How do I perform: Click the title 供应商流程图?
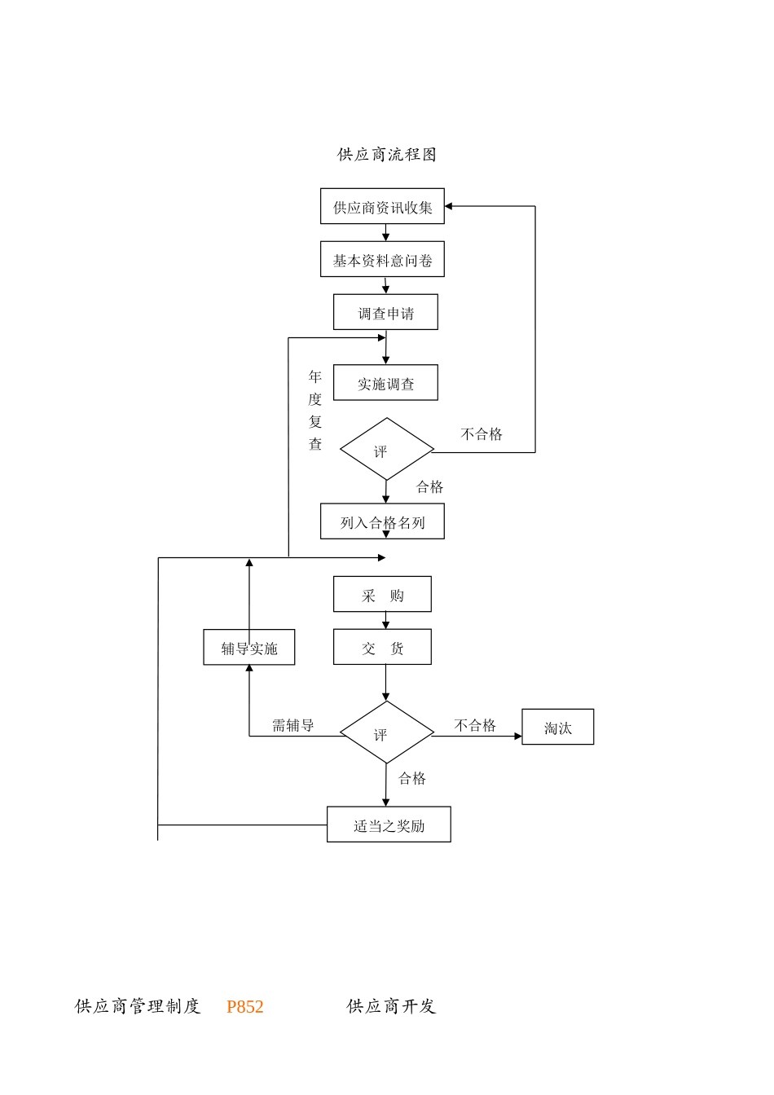pos(387,155)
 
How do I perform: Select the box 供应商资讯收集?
pos(382,207)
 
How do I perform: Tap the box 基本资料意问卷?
pos(382,260)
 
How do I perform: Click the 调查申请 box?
pos(385,313)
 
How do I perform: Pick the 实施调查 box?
pos(385,384)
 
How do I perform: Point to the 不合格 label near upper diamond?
pos(482,434)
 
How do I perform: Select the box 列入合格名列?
pos(382,522)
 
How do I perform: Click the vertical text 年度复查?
pos(315,410)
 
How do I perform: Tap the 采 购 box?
pos(382,595)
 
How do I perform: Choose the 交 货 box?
pos(382,648)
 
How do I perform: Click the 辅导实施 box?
pos(249,648)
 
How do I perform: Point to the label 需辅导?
pos(292,725)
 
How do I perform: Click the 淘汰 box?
pos(557,728)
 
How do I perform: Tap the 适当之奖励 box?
pos(389,825)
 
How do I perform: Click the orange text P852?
pos(245,1007)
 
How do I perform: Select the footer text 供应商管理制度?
pos(138,1007)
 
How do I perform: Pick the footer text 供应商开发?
pos(391,1007)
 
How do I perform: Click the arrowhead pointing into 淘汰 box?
pos(517,737)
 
